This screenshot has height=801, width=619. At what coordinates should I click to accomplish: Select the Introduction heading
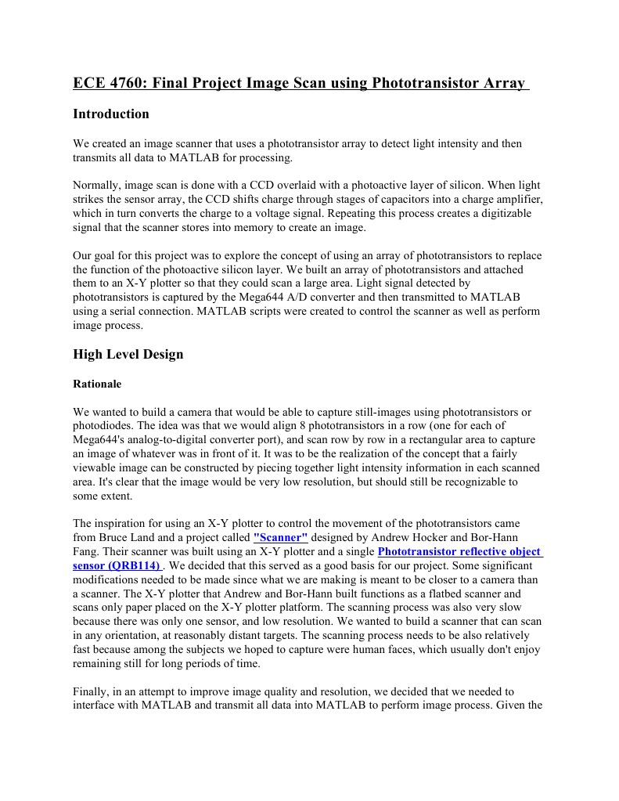pos(110,114)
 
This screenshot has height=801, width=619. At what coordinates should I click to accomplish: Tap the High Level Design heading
pos(128,355)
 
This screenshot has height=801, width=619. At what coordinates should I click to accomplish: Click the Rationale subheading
pos(97,384)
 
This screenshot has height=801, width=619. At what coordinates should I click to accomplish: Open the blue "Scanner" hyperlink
pos(281,537)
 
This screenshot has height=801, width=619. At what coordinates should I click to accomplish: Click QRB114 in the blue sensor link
pos(135,565)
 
